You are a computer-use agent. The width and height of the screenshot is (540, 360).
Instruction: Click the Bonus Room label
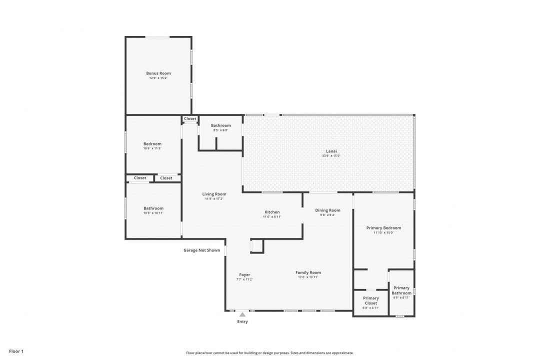[158, 73]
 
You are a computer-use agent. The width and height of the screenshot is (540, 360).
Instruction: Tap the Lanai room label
[331, 150]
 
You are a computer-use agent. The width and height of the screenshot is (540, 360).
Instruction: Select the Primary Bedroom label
[383, 227]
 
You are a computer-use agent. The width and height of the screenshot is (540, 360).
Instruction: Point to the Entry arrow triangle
[242, 314]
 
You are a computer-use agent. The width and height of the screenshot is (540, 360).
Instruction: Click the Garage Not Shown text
[201, 250]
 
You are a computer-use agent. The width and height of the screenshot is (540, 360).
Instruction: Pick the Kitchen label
[272, 212]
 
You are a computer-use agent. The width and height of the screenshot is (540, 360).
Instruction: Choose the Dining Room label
[327, 210]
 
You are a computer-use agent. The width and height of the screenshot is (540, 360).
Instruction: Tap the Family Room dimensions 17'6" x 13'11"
[308, 277]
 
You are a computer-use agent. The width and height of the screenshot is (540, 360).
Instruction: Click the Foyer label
[244, 274]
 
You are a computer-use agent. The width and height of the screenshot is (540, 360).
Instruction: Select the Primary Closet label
[370, 300]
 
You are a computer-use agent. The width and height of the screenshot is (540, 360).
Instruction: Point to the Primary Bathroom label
[401, 290]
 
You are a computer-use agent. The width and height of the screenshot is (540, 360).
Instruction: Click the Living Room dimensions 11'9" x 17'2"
[214, 199]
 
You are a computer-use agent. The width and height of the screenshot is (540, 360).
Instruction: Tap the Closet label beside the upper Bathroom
[190, 119]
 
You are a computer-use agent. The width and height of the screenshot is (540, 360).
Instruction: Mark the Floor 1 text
[16, 351]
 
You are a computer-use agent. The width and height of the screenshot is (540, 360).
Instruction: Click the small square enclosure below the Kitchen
[257, 246]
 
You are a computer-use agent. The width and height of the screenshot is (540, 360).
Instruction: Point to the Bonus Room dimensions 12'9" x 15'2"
[158, 78]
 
